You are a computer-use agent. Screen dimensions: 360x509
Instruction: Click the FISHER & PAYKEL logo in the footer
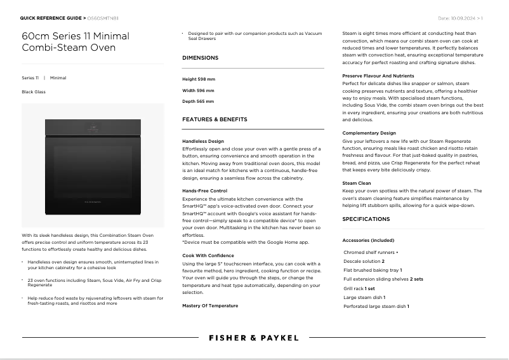coord(254,338)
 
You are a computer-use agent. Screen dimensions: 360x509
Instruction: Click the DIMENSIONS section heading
coord(200,58)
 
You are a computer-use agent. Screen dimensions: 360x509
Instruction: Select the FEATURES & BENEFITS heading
coord(215,119)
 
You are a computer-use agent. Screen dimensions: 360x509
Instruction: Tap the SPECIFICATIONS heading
coord(366,219)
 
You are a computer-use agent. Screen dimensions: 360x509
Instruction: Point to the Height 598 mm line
coord(199,79)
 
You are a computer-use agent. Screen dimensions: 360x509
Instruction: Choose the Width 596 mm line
coord(198,90)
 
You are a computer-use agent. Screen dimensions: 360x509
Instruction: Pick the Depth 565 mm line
coord(198,101)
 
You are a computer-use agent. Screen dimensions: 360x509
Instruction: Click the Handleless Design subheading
coord(203,141)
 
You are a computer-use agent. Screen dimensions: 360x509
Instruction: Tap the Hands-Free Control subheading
coord(204,190)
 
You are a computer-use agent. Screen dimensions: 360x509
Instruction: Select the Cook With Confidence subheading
coord(207,255)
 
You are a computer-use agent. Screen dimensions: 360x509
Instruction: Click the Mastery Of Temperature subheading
coord(210,305)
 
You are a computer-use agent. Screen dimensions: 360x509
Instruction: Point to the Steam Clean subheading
coord(357,183)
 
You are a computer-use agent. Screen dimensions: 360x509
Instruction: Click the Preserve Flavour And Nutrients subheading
coord(378,76)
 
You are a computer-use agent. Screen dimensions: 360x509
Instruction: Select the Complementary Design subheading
coord(369,133)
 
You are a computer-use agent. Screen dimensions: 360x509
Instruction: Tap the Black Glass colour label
coord(34,92)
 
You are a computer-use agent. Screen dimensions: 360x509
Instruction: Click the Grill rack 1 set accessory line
coord(359,288)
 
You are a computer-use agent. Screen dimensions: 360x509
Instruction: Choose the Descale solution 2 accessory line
coord(364,261)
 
